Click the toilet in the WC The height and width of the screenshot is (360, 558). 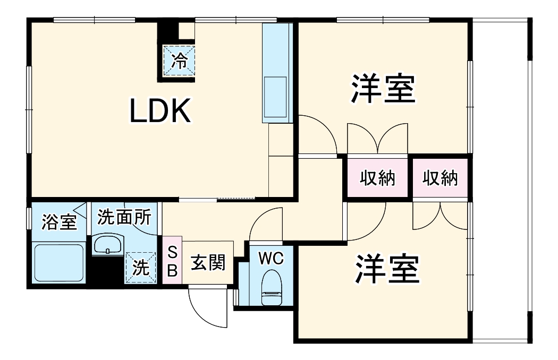tap(272, 287)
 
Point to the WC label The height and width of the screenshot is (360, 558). tap(272, 259)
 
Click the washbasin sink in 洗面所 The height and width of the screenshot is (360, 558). tap(108, 245)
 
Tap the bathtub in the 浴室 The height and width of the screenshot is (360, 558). tap(58, 263)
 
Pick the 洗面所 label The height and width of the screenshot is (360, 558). tap(124, 218)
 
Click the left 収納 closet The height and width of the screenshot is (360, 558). tap(379, 179)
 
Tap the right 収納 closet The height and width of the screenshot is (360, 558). tap(440, 179)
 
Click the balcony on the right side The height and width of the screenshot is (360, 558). tap(500, 181)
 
